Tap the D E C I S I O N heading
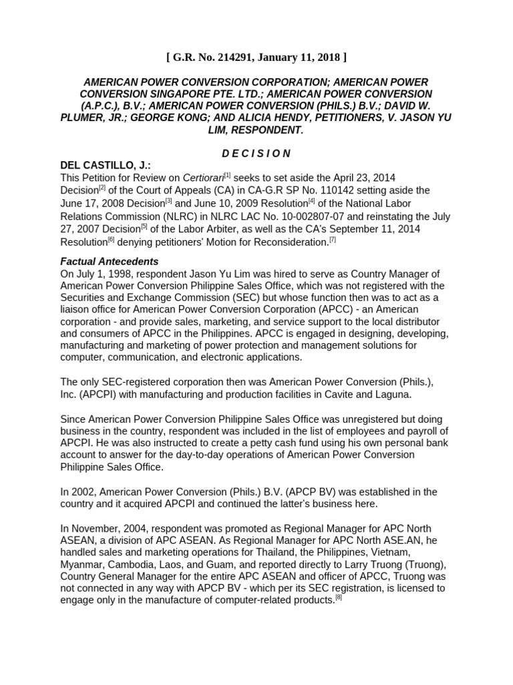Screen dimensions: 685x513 (x=256, y=153)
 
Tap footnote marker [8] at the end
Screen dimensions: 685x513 (x=339, y=597)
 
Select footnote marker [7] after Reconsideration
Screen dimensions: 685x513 (x=333, y=239)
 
